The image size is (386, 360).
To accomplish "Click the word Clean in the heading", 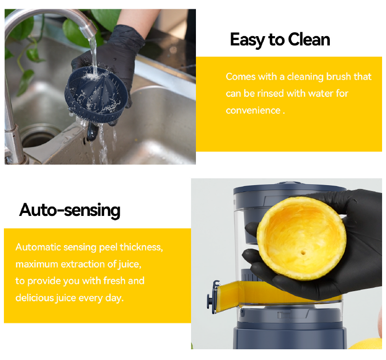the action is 309,40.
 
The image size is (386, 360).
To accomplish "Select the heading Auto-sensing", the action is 70,211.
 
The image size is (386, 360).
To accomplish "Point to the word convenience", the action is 253,110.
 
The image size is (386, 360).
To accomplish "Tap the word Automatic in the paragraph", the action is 38,247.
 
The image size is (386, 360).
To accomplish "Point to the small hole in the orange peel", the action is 303,253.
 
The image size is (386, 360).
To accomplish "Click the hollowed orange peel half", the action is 301,239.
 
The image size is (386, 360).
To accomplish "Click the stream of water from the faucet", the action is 94,55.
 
